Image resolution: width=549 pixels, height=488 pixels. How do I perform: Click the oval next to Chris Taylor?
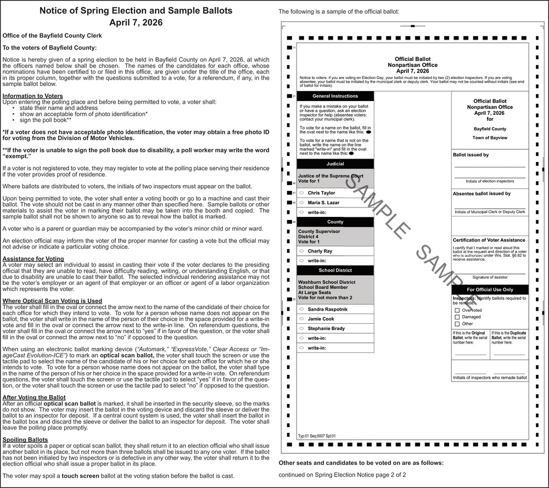point(301,193)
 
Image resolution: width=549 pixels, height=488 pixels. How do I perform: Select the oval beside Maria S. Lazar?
point(301,203)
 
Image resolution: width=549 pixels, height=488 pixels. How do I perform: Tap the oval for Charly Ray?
point(301,251)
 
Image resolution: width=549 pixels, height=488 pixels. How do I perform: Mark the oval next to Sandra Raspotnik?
point(301,310)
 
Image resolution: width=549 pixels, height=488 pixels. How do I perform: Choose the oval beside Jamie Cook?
point(301,319)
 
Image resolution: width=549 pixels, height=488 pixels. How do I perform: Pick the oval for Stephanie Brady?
point(301,328)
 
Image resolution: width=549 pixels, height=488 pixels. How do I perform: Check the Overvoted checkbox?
point(457,310)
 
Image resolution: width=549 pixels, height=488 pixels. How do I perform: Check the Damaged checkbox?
point(457,317)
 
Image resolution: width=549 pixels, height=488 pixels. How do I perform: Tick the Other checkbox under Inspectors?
point(457,324)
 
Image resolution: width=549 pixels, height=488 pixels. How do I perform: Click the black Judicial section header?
point(335,164)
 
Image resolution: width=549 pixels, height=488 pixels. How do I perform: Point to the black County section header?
point(335,222)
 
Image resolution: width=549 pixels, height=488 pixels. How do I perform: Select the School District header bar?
point(335,270)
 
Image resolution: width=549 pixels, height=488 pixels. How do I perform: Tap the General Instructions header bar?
point(335,96)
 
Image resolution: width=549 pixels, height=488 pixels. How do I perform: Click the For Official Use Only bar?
point(490,289)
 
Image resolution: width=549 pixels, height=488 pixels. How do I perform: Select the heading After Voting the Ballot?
point(34,397)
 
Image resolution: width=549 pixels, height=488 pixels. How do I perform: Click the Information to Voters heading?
point(33,96)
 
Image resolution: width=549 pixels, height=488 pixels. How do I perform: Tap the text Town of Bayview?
point(490,138)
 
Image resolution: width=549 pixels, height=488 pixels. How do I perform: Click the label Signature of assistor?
point(490,277)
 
